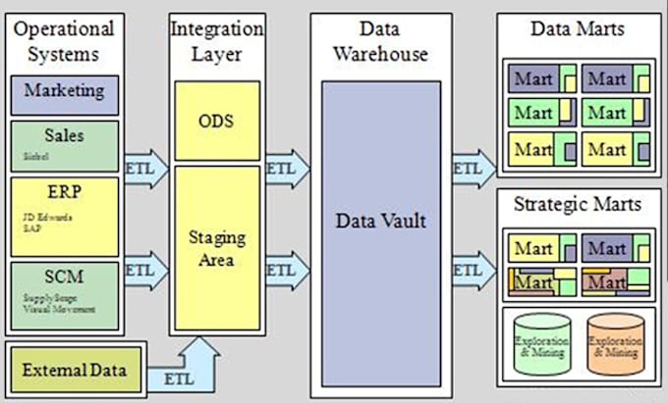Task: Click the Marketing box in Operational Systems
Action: coord(64,92)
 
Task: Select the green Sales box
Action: coord(64,145)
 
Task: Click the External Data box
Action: coord(76,370)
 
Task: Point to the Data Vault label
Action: coord(380,221)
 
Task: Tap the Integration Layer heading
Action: coord(216,41)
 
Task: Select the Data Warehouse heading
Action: coord(380,41)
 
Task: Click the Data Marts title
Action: coord(577,29)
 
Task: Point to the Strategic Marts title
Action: coord(577,205)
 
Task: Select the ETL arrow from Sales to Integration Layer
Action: coord(141,166)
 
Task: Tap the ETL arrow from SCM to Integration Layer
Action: coord(141,268)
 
